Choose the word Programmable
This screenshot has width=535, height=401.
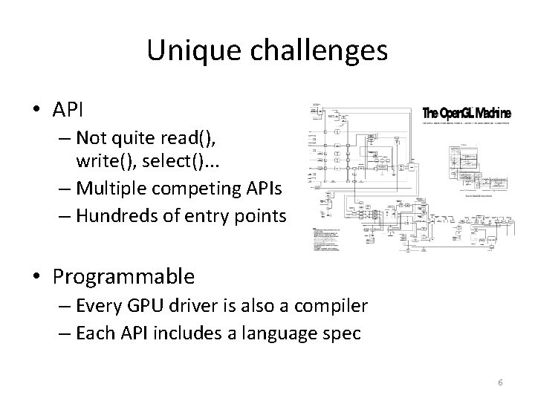click(x=124, y=278)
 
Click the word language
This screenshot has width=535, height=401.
click(x=280, y=334)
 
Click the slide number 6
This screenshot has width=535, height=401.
click(x=500, y=382)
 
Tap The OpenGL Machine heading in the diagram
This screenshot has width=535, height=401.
click(x=467, y=114)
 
